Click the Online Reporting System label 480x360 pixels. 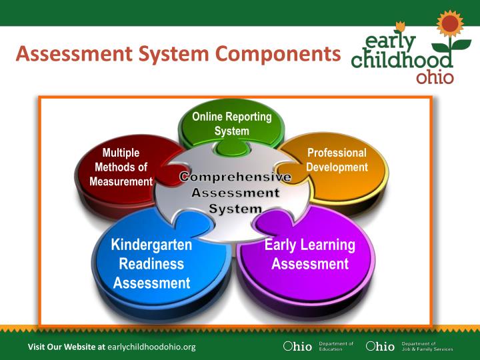click(x=231, y=124)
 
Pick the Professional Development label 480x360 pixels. click(x=337, y=160)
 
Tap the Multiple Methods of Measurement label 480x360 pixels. click(x=121, y=167)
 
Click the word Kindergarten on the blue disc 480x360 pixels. click(x=151, y=245)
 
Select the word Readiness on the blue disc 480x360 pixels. click(x=151, y=263)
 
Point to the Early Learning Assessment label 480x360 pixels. click(x=309, y=254)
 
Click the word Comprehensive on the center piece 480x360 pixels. click(x=235, y=177)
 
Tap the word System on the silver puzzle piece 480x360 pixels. click(x=235, y=209)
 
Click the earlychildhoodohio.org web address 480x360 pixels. click(x=151, y=347)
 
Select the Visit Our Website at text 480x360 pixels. click(x=66, y=347)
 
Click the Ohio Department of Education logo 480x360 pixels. click(x=318, y=347)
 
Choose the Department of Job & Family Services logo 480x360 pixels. click(x=409, y=347)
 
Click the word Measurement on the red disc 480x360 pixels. click(x=121, y=181)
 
